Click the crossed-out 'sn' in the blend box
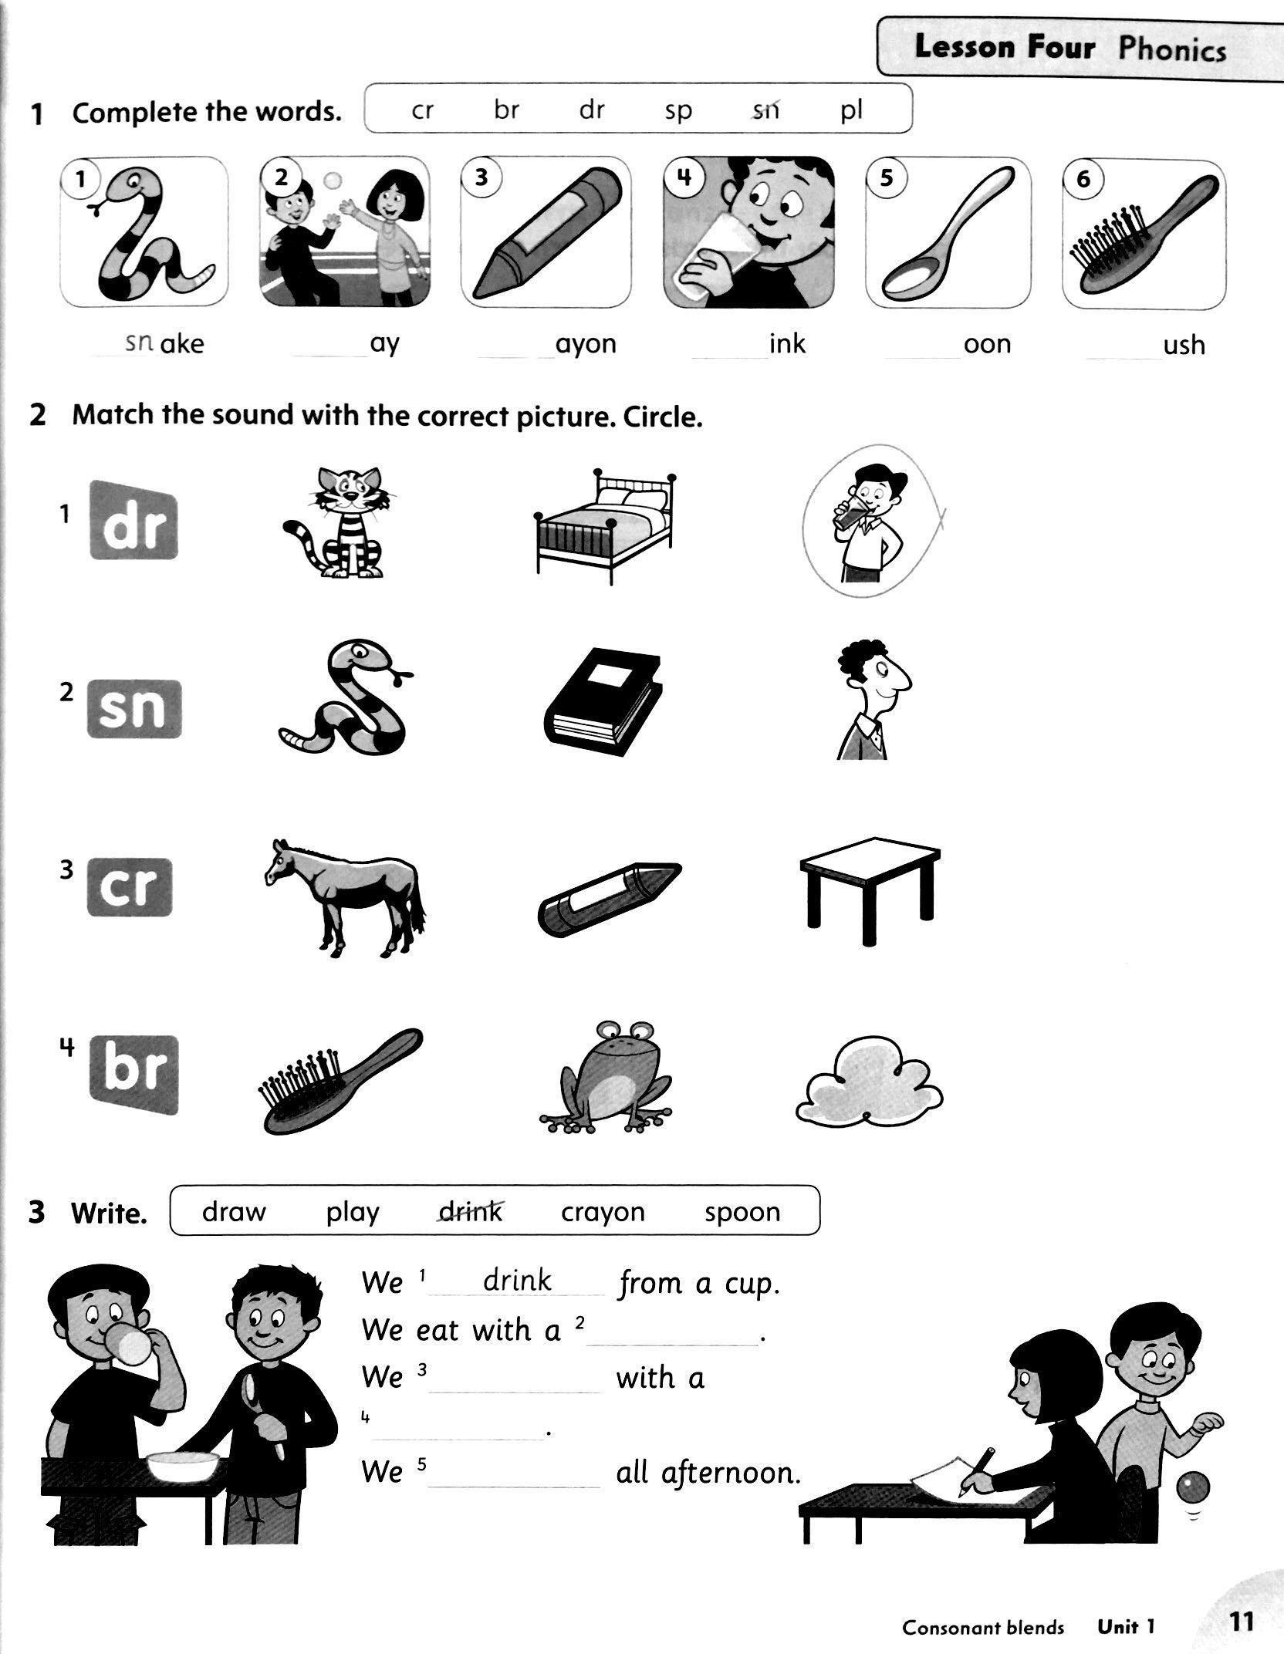[765, 111]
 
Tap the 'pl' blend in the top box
[851, 111]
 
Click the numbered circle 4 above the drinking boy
[684, 179]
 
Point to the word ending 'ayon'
[586, 343]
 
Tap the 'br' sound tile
[134, 1075]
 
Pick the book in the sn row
[603, 698]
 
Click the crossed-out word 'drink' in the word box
[470, 1212]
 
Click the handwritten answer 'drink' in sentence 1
[517, 1281]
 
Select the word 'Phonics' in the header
[1172, 49]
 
